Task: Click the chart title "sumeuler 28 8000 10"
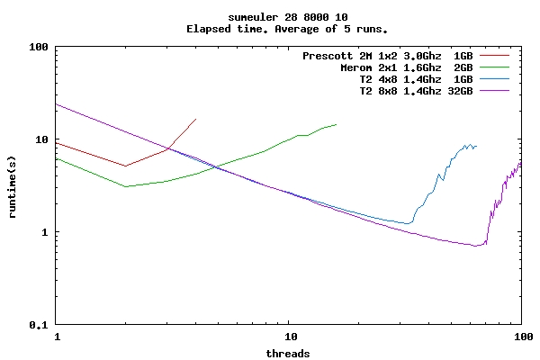[270, 17]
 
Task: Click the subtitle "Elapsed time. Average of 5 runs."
[270, 29]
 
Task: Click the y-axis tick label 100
[37, 47]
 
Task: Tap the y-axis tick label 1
[46, 232]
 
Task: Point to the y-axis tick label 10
[40, 139]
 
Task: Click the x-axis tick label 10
[289, 337]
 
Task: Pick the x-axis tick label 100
[521, 337]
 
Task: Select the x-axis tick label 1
[57, 337]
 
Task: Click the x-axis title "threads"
[288, 353]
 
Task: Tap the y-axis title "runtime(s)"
[13, 185]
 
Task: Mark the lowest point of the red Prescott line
[126, 166]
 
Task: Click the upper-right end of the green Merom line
[336, 124]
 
